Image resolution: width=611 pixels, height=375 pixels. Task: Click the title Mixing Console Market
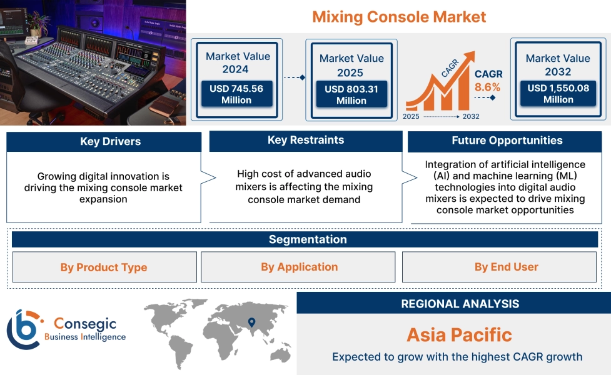(x=399, y=17)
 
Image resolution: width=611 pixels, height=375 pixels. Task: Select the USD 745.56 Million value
(x=236, y=94)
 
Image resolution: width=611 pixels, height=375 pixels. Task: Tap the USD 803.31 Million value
(x=351, y=94)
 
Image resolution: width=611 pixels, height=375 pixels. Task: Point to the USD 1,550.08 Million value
(x=558, y=94)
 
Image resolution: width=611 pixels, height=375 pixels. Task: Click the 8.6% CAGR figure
(x=487, y=87)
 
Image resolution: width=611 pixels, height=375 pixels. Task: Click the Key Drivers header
(x=104, y=141)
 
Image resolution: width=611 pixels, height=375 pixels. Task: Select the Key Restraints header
(x=306, y=141)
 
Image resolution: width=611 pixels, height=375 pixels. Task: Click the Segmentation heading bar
(x=305, y=239)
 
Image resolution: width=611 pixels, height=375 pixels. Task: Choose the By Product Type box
(x=104, y=267)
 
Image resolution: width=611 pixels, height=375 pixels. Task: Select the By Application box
(x=298, y=267)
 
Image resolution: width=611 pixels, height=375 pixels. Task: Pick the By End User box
(x=499, y=267)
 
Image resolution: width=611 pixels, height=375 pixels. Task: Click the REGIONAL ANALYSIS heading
(x=460, y=304)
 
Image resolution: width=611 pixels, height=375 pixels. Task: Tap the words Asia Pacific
(x=460, y=335)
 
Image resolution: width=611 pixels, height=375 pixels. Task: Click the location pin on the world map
(x=252, y=322)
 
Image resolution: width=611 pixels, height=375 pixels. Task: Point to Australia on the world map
(x=281, y=354)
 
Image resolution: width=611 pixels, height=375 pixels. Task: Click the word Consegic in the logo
(x=85, y=323)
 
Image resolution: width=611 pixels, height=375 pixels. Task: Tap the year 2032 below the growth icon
(x=471, y=116)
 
